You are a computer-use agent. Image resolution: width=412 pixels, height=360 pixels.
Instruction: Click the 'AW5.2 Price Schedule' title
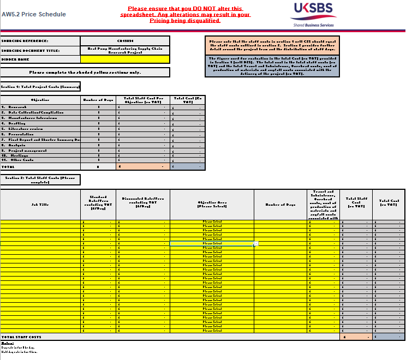34,14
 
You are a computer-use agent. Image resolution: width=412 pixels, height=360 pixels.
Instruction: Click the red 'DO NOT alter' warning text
185,15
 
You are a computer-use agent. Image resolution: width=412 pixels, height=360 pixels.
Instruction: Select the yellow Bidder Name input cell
125,59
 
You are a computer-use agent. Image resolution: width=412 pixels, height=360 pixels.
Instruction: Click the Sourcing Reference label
25,41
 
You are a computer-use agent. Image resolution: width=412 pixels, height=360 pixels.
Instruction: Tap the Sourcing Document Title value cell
125,50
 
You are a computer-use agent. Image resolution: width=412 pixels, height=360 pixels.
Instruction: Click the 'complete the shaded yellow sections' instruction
85,72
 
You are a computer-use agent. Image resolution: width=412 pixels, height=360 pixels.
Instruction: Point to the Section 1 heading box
40,86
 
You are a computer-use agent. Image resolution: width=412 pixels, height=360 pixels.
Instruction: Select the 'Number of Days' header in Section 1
98,100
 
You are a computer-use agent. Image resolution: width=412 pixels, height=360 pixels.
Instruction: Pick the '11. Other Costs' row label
19,160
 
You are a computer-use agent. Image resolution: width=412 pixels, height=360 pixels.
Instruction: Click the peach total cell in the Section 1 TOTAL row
143,166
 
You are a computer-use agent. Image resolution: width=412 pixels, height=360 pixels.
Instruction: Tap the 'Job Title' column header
40,205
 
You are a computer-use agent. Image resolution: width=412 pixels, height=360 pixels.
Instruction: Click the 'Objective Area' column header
212,205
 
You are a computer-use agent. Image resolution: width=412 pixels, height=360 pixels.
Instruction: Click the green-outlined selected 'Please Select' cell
212,243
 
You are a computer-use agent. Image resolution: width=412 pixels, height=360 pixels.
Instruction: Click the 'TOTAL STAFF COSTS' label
22,337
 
